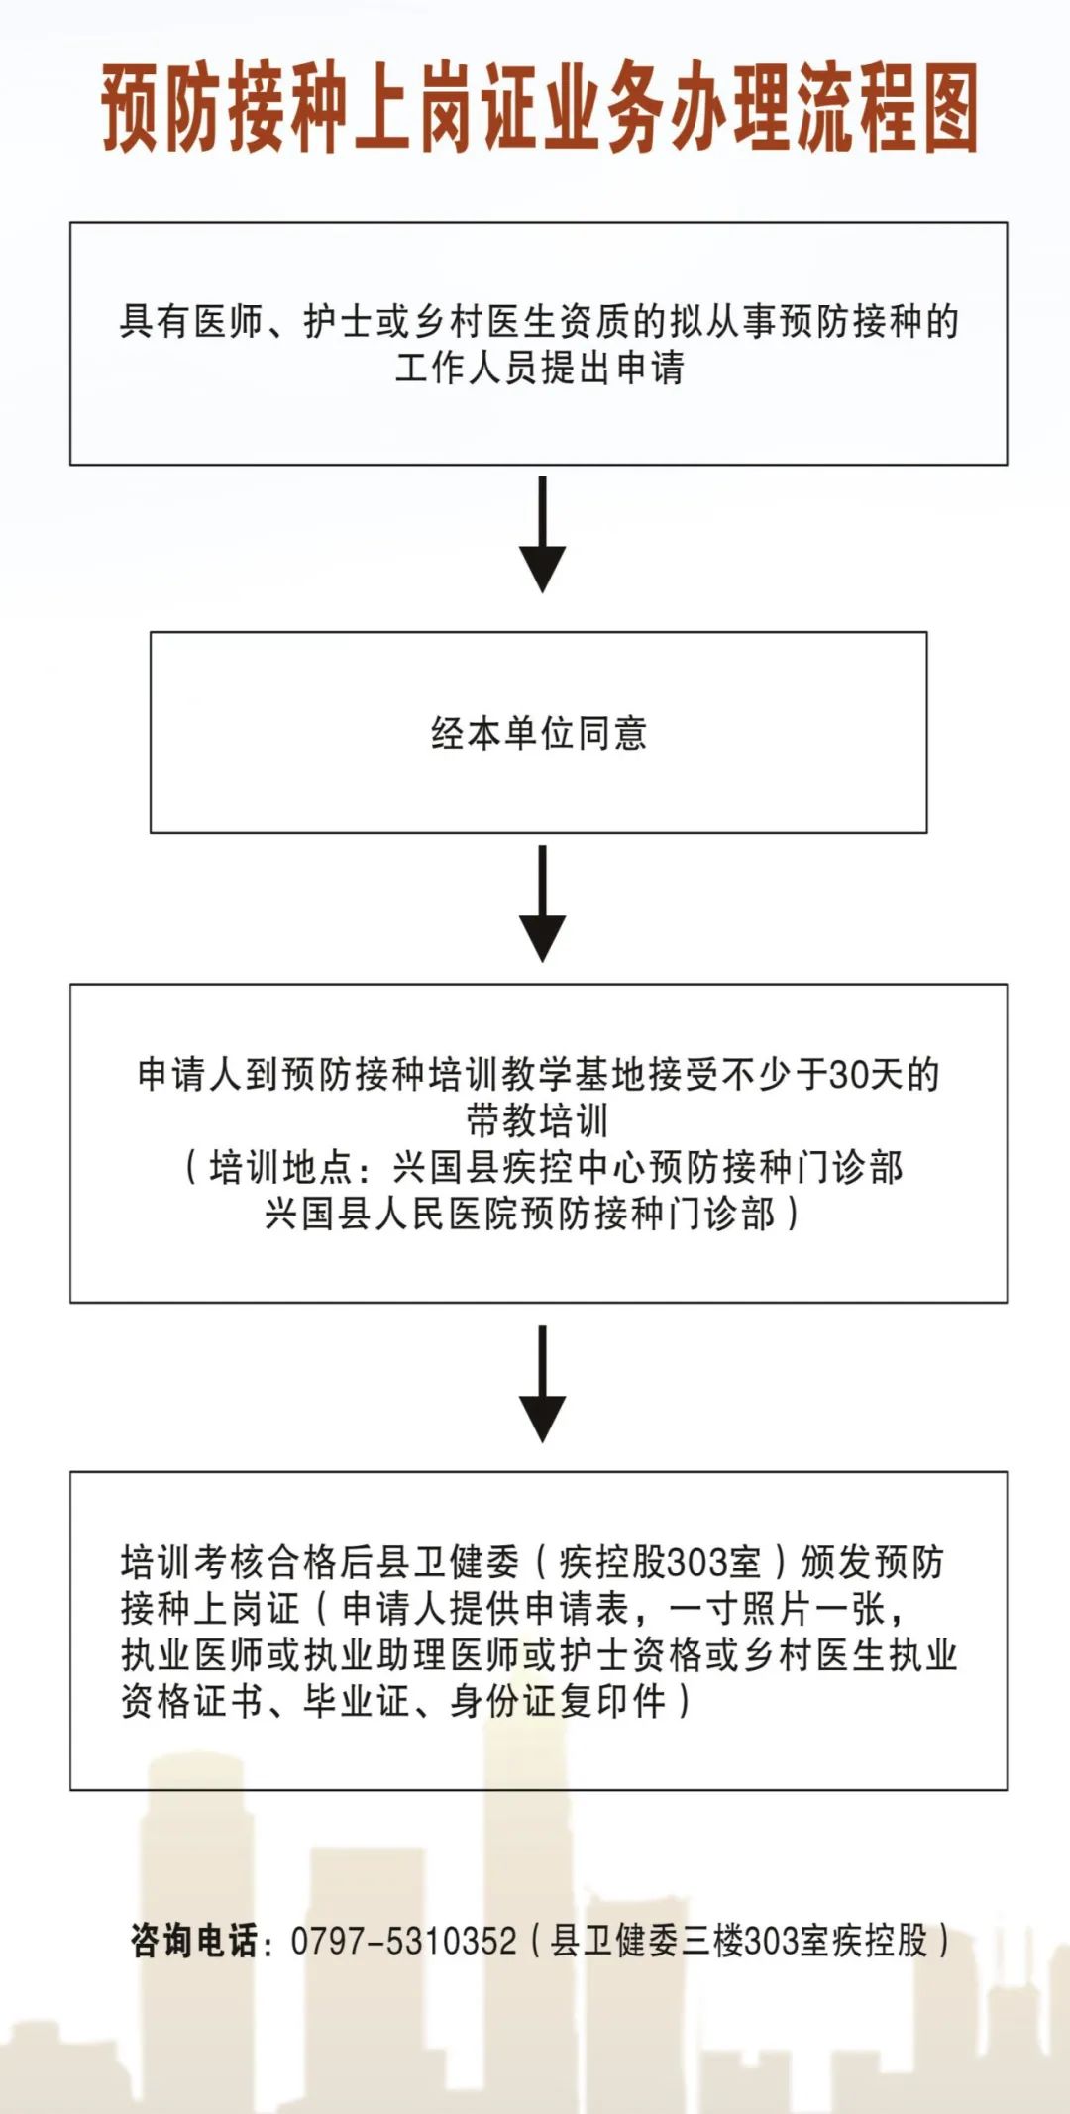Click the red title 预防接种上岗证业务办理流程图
539,109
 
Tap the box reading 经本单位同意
538,733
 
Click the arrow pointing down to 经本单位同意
542,535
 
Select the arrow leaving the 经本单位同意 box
542,903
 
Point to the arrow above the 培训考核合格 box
542,1384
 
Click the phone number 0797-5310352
403,1941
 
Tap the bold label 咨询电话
194,1941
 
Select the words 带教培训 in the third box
538,1120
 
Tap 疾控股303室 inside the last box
660,1562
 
